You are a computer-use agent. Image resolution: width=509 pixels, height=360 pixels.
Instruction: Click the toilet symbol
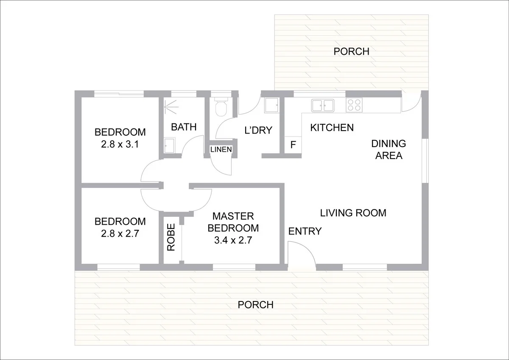[221, 106]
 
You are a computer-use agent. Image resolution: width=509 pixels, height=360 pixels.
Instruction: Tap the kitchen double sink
[323, 106]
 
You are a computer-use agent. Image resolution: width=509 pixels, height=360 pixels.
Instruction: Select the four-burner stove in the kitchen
[354, 105]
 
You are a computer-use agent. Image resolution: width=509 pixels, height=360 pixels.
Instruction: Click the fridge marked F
[293, 145]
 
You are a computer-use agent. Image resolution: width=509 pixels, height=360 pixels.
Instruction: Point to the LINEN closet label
[221, 149]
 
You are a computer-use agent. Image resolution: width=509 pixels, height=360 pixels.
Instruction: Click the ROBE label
[171, 237]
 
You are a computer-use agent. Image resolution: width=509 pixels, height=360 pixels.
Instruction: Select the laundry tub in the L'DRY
[271, 105]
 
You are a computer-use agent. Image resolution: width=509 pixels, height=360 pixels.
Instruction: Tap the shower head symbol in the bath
[170, 106]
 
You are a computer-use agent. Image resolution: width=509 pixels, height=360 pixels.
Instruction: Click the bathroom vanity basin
[169, 145]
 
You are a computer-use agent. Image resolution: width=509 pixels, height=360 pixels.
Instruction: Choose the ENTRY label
[305, 231]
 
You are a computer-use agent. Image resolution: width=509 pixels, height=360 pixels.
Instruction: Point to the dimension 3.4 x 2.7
[233, 240]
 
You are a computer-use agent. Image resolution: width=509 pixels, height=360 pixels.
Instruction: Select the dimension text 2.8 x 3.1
[120, 144]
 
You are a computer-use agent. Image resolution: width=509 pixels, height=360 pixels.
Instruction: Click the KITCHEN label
[332, 128]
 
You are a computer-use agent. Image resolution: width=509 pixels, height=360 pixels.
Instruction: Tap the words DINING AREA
[389, 149]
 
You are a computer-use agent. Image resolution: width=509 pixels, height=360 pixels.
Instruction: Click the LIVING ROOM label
[353, 213]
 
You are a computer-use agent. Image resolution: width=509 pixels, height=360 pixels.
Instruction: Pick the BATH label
[184, 127]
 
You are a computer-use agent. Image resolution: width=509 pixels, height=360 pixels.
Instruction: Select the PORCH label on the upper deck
[351, 52]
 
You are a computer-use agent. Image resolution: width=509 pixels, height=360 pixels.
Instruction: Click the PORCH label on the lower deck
[256, 305]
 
